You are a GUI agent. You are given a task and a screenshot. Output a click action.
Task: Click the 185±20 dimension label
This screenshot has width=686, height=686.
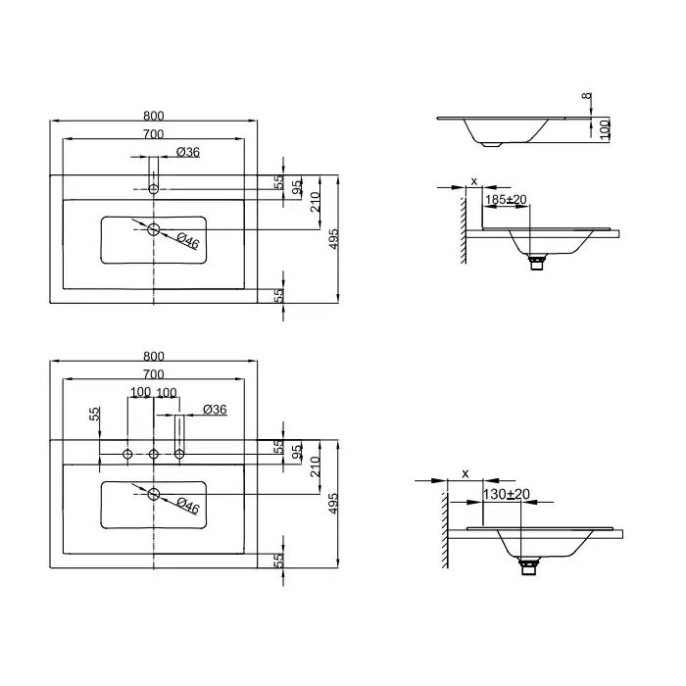pos(506,200)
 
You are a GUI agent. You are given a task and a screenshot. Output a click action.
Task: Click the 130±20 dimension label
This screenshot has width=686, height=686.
pos(507,494)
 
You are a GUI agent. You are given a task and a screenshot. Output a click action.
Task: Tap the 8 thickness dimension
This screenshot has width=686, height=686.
pos(587,95)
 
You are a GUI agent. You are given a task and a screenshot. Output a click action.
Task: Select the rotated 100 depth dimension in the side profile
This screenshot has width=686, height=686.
pos(605,129)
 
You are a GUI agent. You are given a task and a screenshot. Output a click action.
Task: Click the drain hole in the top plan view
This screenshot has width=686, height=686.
pos(154,228)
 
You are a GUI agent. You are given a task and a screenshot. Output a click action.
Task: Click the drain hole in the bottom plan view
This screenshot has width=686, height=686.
pos(154,494)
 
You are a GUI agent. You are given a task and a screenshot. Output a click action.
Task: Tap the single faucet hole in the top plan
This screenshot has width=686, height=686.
pos(154,189)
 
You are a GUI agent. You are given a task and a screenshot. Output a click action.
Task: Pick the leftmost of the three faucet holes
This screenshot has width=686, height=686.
pos(127,454)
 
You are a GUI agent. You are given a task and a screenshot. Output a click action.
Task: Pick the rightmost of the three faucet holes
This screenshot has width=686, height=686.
pos(179,454)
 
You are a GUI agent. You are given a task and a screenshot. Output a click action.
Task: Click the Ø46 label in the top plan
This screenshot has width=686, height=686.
pos(188,241)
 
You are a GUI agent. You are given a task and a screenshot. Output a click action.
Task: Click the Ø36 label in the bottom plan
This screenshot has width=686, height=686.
pos(215,410)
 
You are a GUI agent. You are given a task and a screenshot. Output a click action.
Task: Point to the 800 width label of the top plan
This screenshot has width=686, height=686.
pos(154,116)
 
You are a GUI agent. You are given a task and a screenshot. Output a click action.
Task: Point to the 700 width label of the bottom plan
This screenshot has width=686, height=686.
pos(154,374)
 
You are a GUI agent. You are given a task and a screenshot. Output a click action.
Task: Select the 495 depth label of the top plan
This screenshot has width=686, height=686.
pos(333,239)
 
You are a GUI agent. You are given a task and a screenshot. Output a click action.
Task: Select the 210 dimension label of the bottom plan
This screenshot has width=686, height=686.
pos(315,466)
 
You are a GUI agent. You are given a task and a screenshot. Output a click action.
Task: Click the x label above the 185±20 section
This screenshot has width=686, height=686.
pos(473,180)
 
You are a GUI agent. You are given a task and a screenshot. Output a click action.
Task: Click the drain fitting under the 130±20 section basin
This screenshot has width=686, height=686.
pos(527,566)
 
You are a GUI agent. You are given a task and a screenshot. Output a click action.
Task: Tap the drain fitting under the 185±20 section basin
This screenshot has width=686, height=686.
pos(537,262)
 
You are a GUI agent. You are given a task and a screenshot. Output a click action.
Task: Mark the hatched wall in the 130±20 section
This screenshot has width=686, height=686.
pos(445,530)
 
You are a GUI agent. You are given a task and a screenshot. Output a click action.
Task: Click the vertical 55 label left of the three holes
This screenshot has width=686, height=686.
pos(94,414)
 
